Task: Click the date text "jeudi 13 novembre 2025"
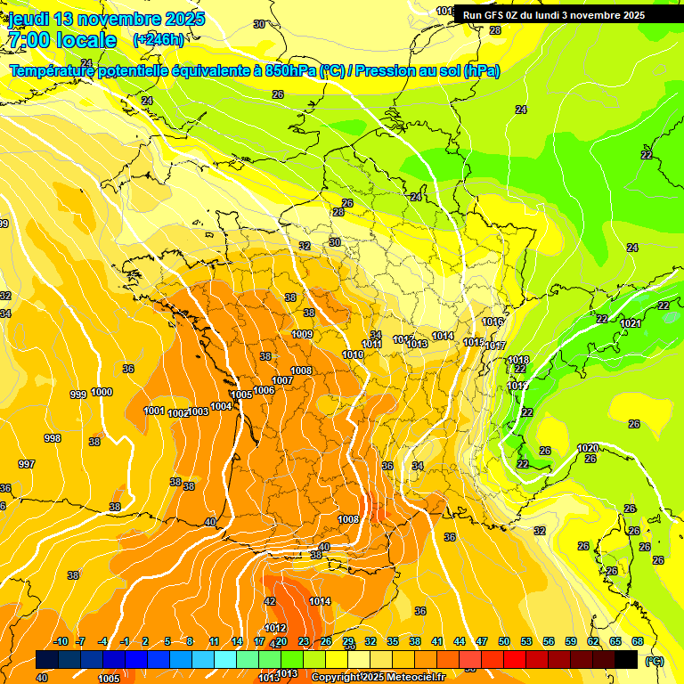coord(106,19)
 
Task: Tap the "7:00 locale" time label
coord(61,40)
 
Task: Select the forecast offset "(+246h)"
coord(159,39)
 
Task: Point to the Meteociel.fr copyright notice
coord(379,677)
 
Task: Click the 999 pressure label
coord(78,394)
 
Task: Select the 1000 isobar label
coord(102,392)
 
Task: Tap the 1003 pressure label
coord(198,411)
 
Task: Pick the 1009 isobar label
coord(302,334)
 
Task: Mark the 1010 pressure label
coord(353,354)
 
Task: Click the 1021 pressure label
coord(631,323)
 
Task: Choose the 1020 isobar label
coord(588,448)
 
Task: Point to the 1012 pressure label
coord(275,628)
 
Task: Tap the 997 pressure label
coord(27,464)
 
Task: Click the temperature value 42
coord(270,601)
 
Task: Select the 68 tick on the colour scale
coord(637,641)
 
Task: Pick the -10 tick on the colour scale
coord(61,641)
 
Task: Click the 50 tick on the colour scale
coord(504,641)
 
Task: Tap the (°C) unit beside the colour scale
coord(655,660)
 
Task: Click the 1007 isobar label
coord(282,380)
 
